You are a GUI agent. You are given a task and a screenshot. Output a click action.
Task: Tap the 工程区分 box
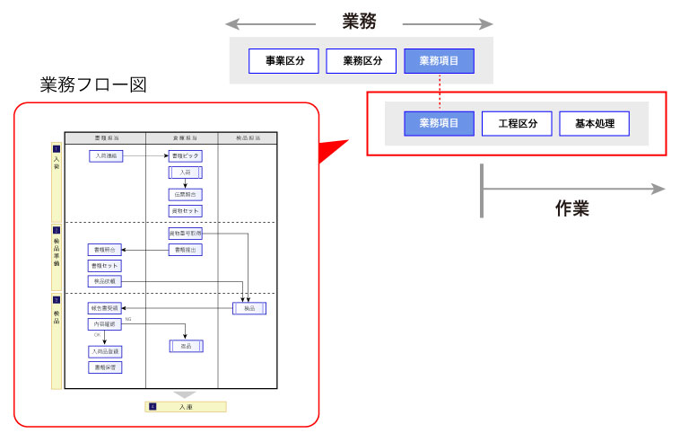tap(517, 124)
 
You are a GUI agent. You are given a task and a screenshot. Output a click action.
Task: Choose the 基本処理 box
tap(594, 124)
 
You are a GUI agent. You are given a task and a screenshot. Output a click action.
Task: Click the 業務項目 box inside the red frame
tap(439, 124)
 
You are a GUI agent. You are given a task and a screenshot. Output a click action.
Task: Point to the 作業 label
tap(571, 209)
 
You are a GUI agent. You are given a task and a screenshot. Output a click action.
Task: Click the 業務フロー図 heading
tap(93, 85)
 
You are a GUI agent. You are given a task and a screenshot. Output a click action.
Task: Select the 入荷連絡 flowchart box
tap(105, 155)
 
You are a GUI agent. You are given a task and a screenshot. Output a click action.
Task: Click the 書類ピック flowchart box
tap(185, 155)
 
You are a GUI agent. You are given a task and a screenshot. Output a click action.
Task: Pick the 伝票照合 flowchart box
tap(185, 194)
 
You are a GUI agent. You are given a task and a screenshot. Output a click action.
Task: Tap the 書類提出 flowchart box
tap(185, 249)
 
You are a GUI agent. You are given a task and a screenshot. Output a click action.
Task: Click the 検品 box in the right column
tap(249, 308)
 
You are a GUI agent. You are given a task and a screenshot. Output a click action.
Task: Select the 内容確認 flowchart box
tap(104, 323)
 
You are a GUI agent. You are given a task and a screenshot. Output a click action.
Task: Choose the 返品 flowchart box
tap(186, 346)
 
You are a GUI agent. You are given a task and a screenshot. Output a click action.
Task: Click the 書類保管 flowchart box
tap(104, 367)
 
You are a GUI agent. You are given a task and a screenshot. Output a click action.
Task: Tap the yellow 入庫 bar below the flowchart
tap(186, 407)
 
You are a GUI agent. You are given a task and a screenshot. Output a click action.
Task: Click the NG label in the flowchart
tap(128, 319)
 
